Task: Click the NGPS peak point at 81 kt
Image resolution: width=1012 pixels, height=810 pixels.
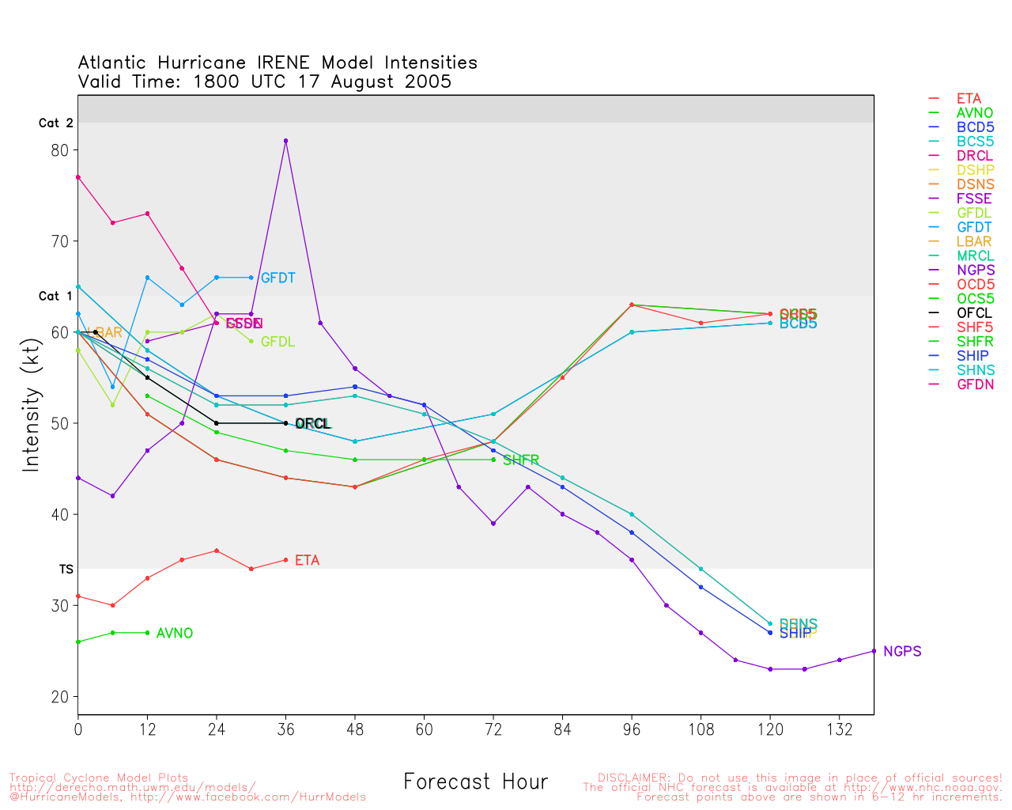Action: coord(285,141)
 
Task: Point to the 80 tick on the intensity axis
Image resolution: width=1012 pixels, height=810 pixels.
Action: coord(60,150)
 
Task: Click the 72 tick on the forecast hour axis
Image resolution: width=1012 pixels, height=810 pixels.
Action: coord(493,729)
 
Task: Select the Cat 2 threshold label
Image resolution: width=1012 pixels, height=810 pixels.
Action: coord(55,123)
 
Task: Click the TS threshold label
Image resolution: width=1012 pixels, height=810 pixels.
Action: coord(66,570)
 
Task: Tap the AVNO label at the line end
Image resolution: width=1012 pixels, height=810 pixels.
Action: coord(175,634)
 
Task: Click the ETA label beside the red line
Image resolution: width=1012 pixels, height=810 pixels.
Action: coord(307,561)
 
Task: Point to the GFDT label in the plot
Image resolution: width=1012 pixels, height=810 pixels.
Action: coord(278,278)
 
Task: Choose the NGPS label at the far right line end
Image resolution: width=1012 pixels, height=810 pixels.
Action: coord(902,652)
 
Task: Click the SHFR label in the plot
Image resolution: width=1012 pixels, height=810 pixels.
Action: coord(521,460)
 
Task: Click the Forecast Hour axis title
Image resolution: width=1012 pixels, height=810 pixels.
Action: coord(475,782)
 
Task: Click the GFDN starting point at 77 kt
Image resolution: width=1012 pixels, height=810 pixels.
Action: coord(78,177)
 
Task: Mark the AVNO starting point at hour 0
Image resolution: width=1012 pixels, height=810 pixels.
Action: coord(78,642)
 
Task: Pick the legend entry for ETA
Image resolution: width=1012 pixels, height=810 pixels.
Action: coord(969,99)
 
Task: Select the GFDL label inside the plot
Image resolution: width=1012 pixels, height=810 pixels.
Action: coord(278,343)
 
